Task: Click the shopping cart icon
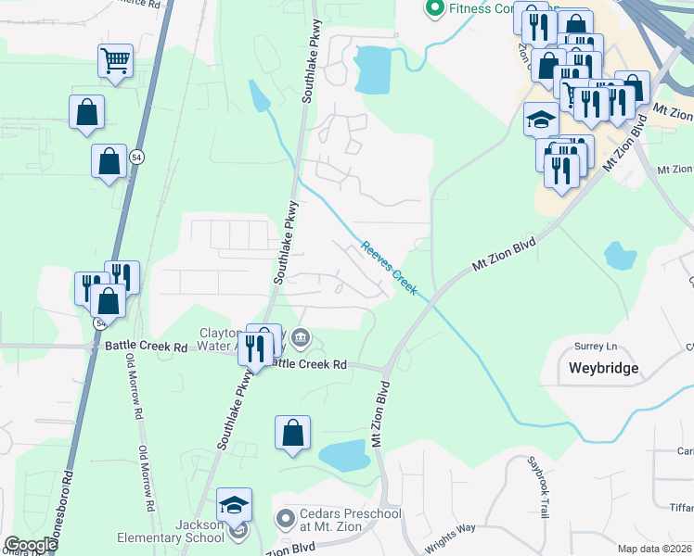(115, 61)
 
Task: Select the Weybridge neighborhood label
(603, 368)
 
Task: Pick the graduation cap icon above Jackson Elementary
(235, 505)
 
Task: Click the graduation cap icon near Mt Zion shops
(542, 119)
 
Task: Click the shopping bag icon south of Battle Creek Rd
(292, 433)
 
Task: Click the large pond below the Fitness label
(373, 69)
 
